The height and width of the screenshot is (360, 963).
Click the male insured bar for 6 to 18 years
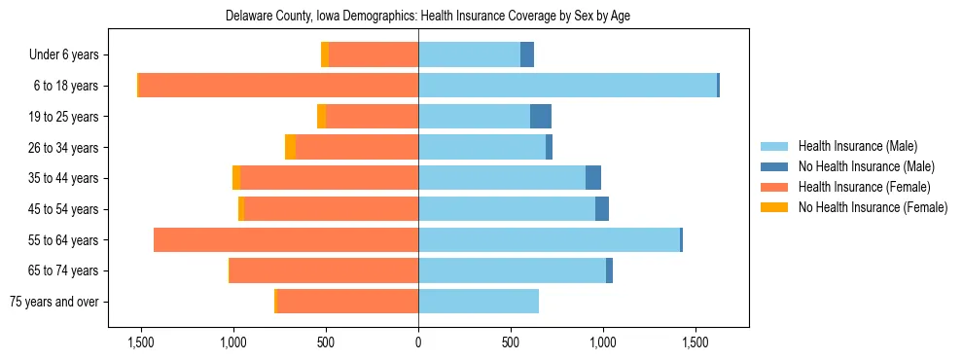pos(567,86)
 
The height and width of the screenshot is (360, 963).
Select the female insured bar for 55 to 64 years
pos(286,239)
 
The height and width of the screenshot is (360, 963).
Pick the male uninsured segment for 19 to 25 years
pos(541,117)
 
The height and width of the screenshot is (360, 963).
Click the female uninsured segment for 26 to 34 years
pos(290,147)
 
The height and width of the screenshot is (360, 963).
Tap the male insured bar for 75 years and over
pos(479,302)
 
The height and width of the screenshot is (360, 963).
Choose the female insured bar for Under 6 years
pos(374,54)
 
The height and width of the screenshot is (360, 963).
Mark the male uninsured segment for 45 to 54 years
pos(602,209)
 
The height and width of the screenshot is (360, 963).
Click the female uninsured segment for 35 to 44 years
pos(236,178)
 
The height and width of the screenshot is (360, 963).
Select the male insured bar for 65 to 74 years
pos(512,270)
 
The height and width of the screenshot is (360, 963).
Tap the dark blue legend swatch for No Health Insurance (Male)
pos(775,166)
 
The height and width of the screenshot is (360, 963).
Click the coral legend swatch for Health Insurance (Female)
pos(775,187)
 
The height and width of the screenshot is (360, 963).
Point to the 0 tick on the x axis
pos(418,342)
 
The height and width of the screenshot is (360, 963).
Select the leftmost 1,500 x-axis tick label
pos(141,342)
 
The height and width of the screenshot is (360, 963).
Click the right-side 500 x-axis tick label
pos(511,342)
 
